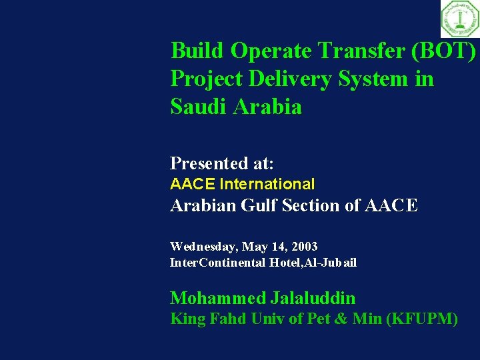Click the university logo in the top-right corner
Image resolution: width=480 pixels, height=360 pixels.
pyautogui.click(x=459, y=19)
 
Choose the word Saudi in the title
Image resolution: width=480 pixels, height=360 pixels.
pyautogui.click(x=198, y=107)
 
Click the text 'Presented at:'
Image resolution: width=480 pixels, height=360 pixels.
pyautogui.click(x=222, y=163)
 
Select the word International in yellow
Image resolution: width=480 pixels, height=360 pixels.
pyautogui.click(x=267, y=184)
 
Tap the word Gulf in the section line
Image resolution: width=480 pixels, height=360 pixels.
pyautogui.click(x=256, y=205)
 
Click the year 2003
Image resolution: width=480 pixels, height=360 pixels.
pyautogui.click(x=304, y=247)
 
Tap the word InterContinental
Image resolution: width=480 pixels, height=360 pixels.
pyautogui.click(x=218, y=263)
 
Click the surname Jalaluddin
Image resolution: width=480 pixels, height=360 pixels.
pyautogui.click(x=313, y=298)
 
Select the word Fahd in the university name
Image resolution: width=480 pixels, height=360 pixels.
pyautogui.click(x=227, y=319)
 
